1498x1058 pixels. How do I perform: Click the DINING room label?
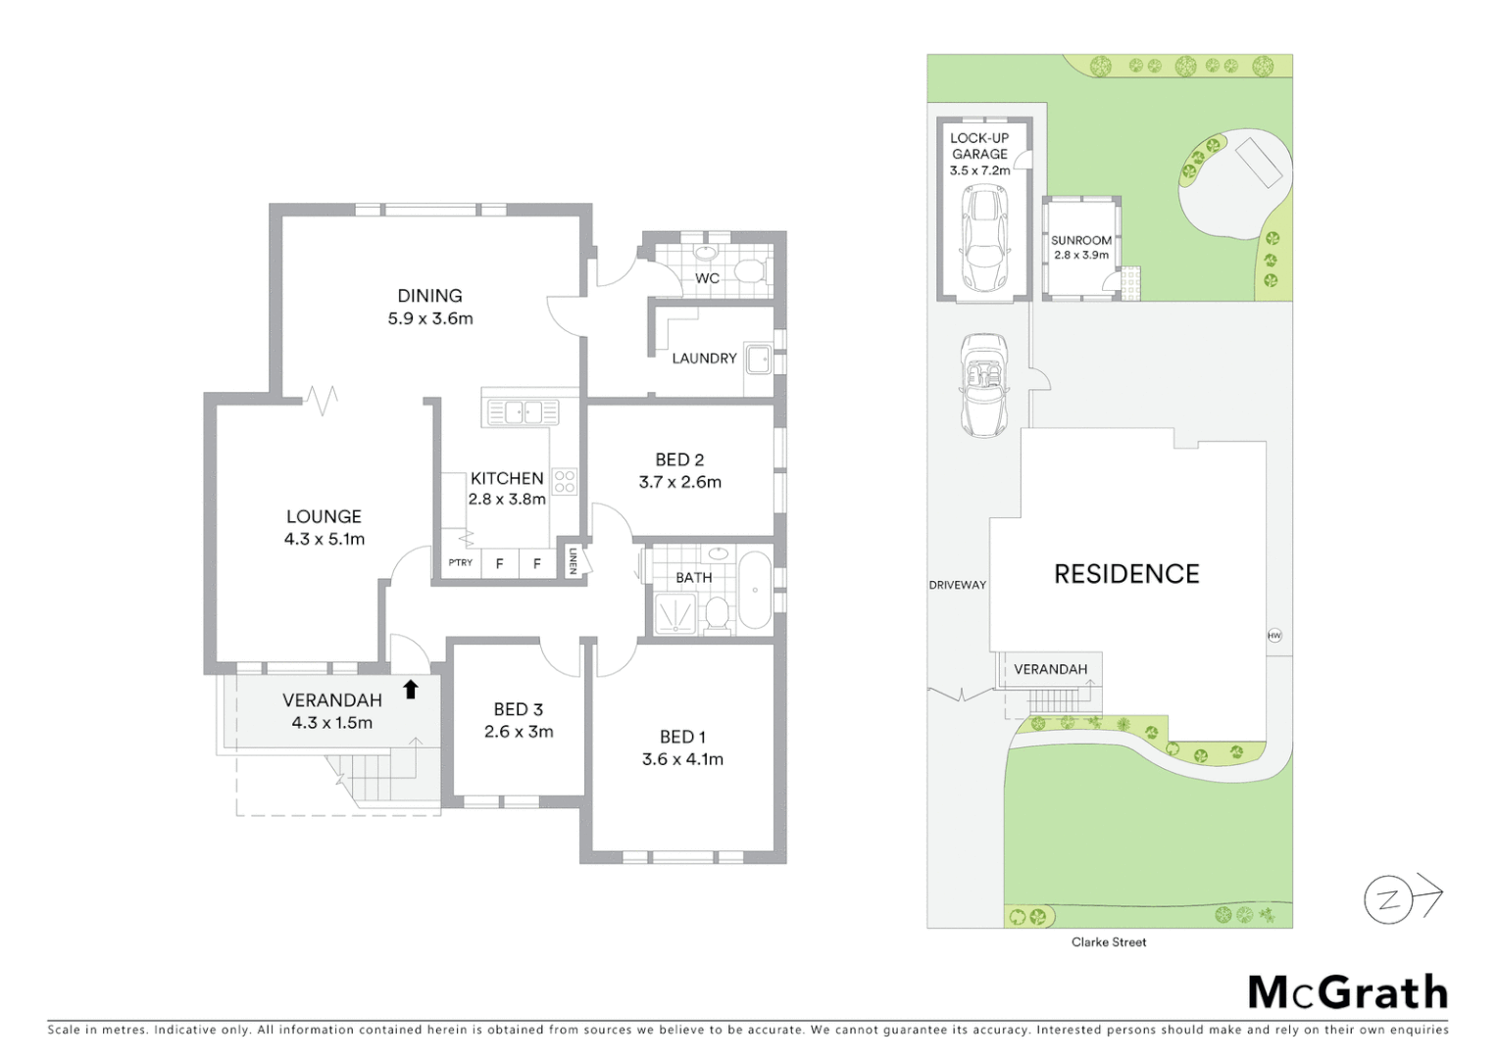(429, 295)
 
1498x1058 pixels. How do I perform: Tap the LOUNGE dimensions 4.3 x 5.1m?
(325, 539)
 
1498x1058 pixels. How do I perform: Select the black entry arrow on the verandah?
(411, 690)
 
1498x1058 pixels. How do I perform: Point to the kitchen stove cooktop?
(565, 481)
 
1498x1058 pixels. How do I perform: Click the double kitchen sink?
(518, 411)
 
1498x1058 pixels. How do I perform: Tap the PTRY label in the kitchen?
(460, 563)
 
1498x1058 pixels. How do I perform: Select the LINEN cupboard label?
(573, 560)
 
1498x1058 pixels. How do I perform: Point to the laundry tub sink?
(759, 360)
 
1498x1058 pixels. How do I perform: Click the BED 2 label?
(679, 459)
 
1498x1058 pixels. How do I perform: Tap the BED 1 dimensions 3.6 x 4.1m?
(682, 759)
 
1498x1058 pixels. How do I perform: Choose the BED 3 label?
(518, 709)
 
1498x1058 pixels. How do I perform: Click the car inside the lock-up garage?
(983, 237)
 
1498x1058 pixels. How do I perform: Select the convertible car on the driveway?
(983, 385)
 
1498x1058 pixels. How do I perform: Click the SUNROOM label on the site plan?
(1081, 240)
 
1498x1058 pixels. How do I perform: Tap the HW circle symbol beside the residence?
(1274, 635)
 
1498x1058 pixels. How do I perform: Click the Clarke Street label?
(1109, 942)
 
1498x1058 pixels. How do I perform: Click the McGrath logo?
(1348, 992)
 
